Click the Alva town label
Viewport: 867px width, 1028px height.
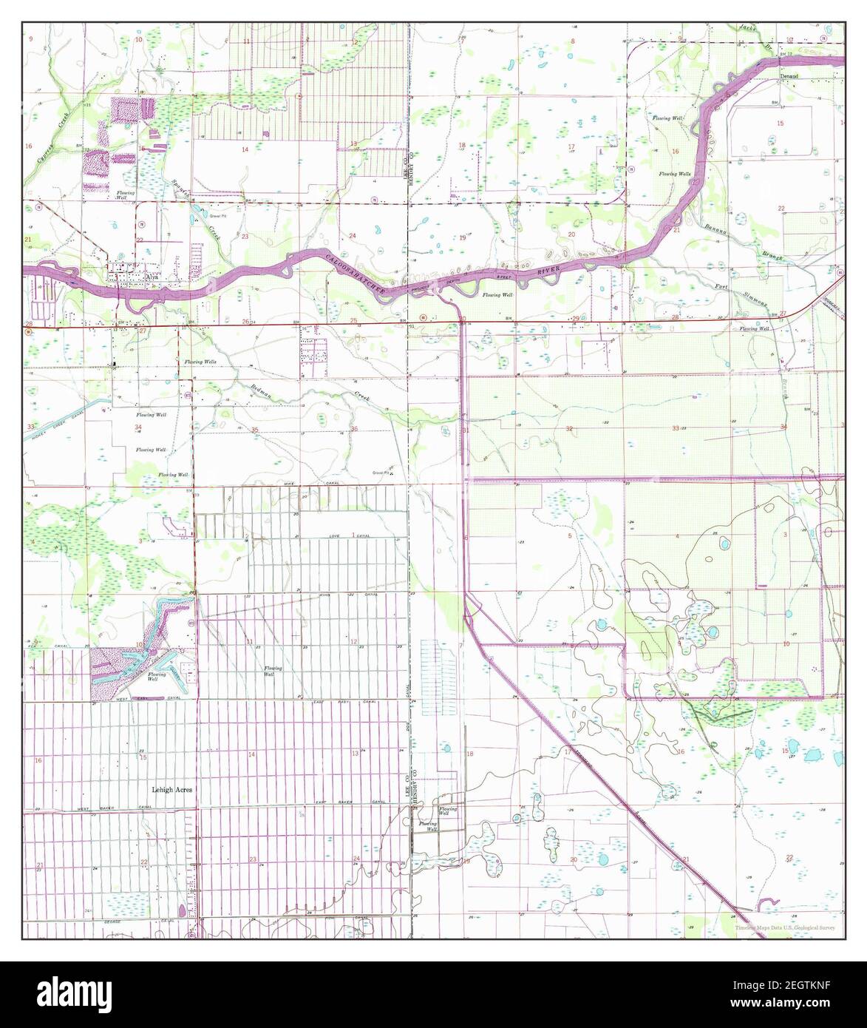pos(152,278)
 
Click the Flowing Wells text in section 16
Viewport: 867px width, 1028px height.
pos(676,173)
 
